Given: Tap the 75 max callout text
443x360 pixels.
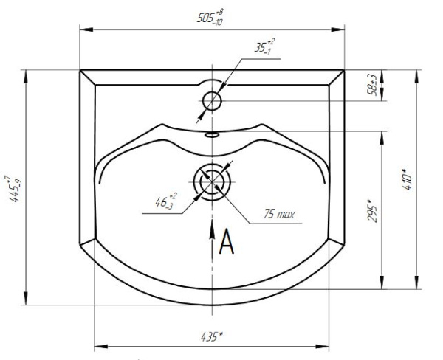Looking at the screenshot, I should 280,214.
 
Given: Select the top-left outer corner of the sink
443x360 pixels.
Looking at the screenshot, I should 80,70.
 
